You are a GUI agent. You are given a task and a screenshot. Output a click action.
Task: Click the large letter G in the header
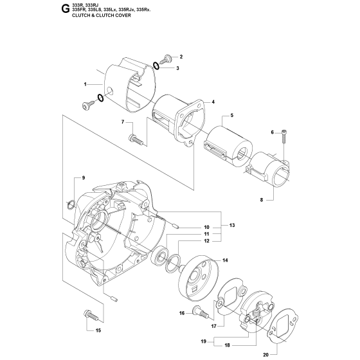pyautogui.click(x=65, y=9)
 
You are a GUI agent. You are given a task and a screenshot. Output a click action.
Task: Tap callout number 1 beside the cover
pyautogui.click(x=85, y=84)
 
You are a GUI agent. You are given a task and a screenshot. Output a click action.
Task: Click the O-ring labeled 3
pyautogui.click(x=156, y=66)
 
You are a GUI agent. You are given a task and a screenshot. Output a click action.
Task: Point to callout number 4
pyautogui.click(x=213, y=102)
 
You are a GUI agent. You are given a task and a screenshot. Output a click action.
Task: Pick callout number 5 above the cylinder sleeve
pyautogui.click(x=232, y=115)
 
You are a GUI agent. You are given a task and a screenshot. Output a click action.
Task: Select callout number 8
pyautogui.click(x=262, y=200)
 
